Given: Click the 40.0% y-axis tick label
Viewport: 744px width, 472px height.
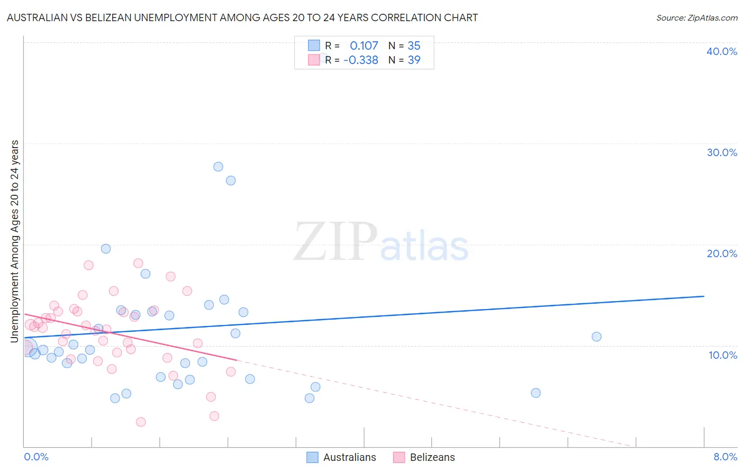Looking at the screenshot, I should pyautogui.click(x=721, y=51).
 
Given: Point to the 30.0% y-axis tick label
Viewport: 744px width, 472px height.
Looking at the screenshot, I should pyautogui.click(x=721, y=152).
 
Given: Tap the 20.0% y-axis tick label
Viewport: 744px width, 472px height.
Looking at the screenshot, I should pyautogui.click(x=721, y=253).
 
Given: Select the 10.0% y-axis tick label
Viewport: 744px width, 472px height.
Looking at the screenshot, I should pyautogui.click(x=722, y=355).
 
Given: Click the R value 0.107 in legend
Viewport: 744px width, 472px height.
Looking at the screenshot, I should pyautogui.click(x=364, y=46).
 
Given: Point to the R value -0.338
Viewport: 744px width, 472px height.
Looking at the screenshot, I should pyautogui.click(x=361, y=60).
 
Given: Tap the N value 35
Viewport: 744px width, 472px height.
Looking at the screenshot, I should pyautogui.click(x=414, y=46).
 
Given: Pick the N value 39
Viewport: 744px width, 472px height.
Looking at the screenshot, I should pyautogui.click(x=414, y=60).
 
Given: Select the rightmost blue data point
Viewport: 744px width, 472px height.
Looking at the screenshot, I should pyautogui.click(x=596, y=337).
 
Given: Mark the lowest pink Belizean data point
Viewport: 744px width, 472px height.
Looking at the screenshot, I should pyautogui.click(x=141, y=422).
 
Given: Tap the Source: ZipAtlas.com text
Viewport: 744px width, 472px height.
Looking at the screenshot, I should pyautogui.click(x=696, y=18).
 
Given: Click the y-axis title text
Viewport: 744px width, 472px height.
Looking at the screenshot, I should pyautogui.click(x=14, y=241).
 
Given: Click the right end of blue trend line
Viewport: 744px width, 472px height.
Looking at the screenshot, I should pyautogui.click(x=704, y=296).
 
